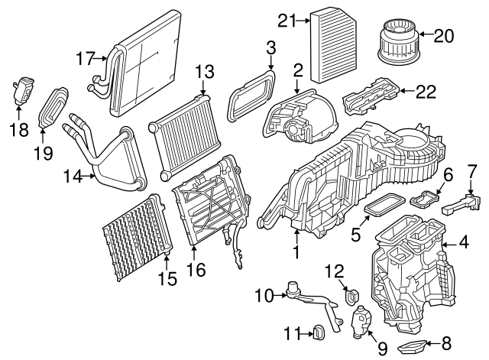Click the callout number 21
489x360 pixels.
pos(287,21)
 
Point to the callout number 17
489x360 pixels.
pos(86,57)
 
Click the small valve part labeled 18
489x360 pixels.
pos(24,89)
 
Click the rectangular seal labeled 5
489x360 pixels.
pos(384,206)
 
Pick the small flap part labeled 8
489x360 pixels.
pos(417,348)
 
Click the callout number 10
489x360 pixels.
pos(264,294)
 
